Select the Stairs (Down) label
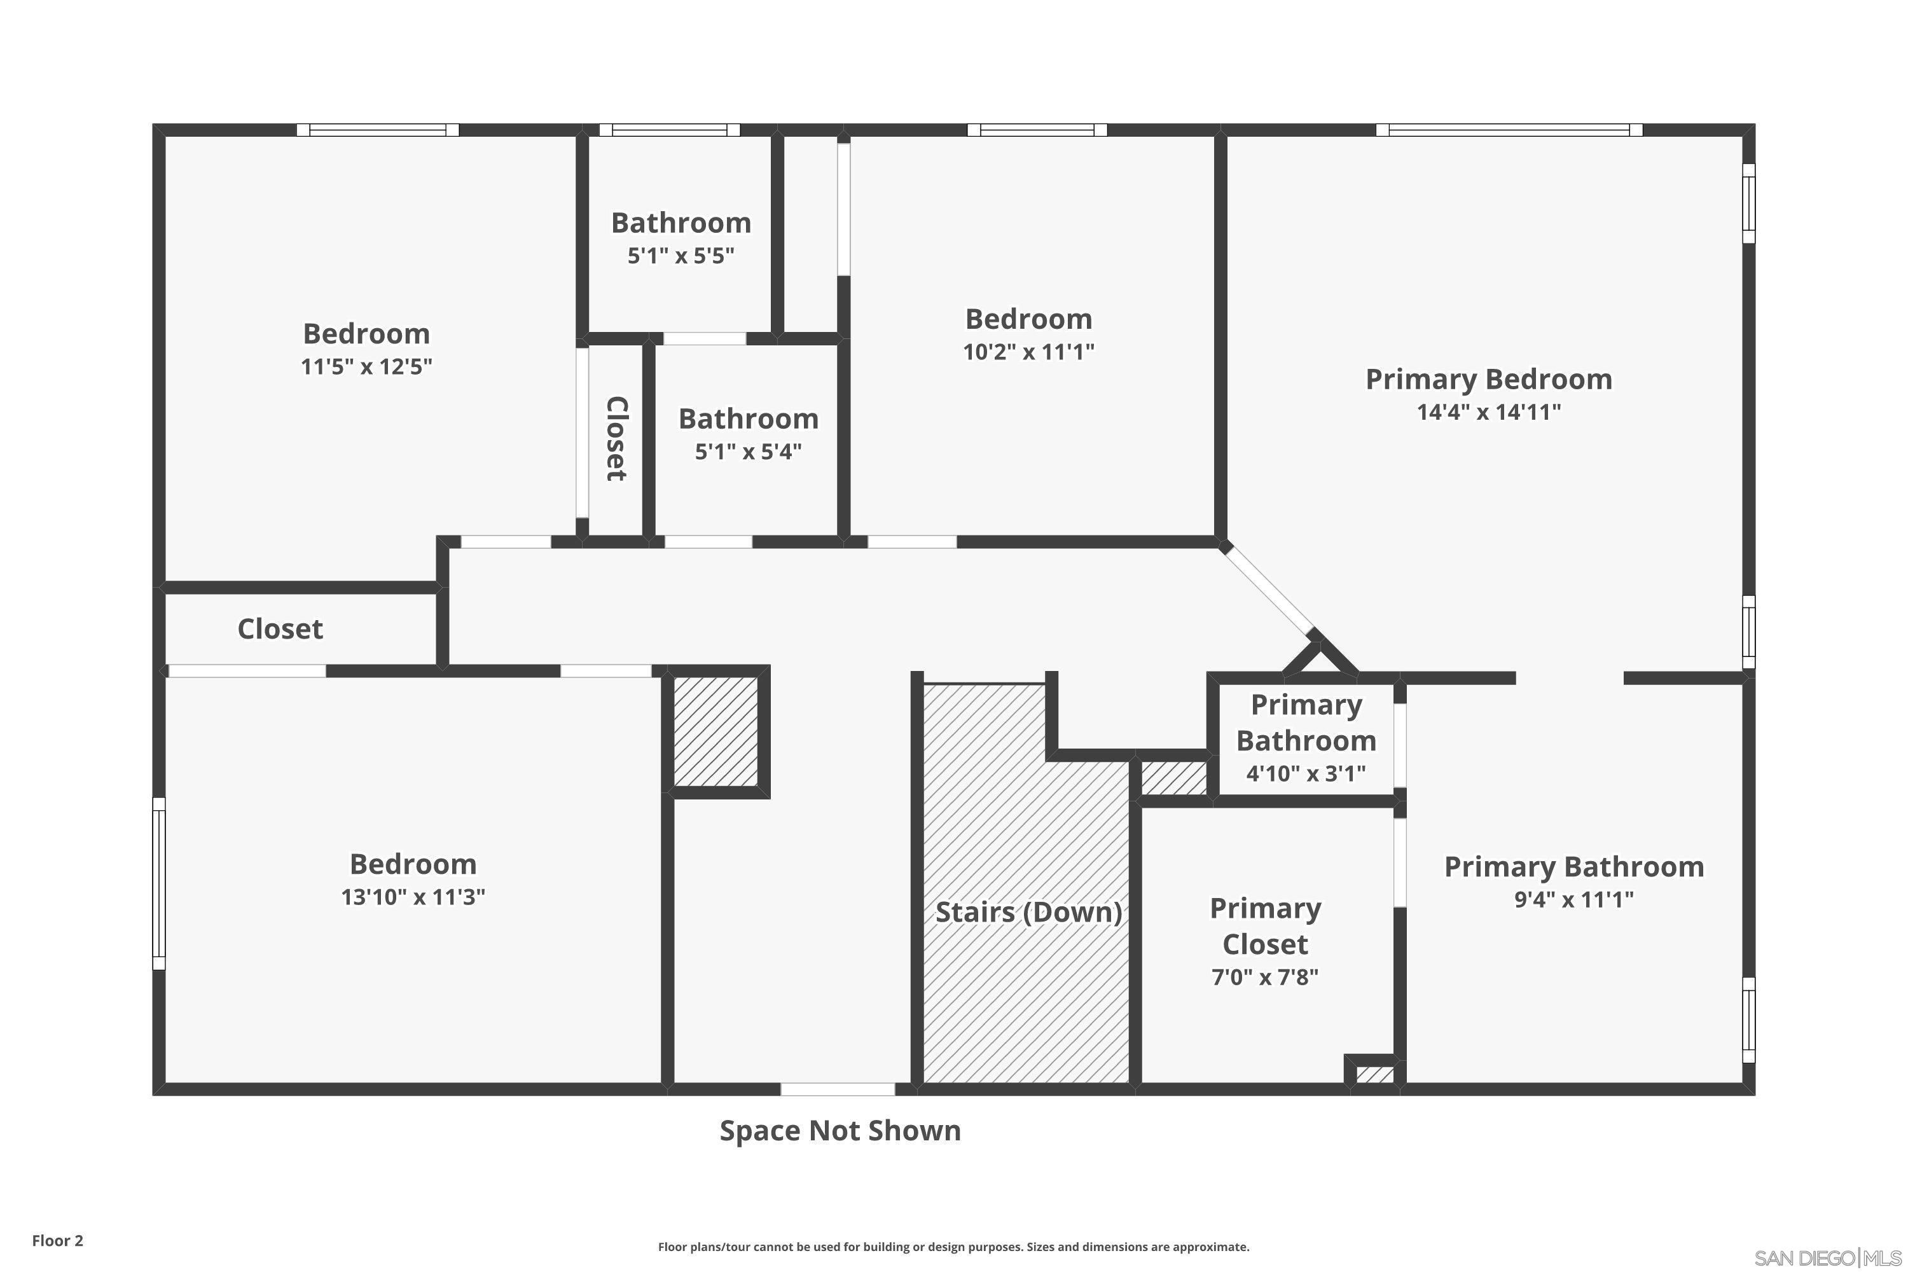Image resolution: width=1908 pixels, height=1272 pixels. [x=1028, y=912]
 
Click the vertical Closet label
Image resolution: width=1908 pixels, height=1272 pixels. [x=616, y=438]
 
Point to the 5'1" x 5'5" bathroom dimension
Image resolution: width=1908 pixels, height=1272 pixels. [x=681, y=256]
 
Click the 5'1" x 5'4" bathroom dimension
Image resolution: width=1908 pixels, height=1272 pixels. [x=748, y=451]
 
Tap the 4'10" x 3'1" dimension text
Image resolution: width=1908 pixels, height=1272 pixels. [x=1305, y=773]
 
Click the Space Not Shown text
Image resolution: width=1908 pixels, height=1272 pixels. [x=840, y=1130]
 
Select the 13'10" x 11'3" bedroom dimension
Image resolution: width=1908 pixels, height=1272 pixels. [x=413, y=896]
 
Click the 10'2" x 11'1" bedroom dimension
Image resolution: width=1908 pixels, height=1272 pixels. [x=1028, y=352]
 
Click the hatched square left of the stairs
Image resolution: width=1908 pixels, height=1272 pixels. [x=715, y=731]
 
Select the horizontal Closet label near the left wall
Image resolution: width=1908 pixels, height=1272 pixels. [x=280, y=629]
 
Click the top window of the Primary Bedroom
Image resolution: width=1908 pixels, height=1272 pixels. [x=1508, y=130]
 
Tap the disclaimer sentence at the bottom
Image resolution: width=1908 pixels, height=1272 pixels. [x=953, y=1247]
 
